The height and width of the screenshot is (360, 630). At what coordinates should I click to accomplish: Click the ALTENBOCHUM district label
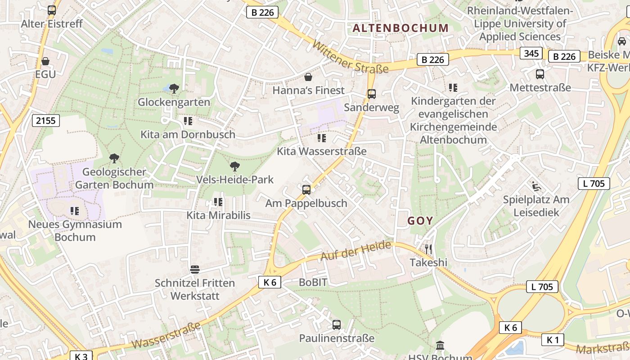pyautogui.click(x=400, y=28)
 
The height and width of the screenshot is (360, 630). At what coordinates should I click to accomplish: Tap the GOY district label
pyautogui.click(x=420, y=221)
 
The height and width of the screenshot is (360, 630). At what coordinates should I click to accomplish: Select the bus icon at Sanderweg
pyautogui.click(x=372, y=94)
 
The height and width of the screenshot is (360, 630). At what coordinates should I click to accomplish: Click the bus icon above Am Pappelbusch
pyautogui.click(x=306, y=189)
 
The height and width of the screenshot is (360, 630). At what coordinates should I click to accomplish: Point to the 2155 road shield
pyautogui.click(x=46, y=120)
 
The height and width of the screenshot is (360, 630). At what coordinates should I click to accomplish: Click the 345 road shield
pyautogui.click(x=531, y=53)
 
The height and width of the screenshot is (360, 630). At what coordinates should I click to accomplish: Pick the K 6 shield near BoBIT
pyautogui.click(x=270, y=282)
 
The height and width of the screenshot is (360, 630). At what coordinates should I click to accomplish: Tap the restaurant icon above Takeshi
pyautogui.click(x=428, y=249)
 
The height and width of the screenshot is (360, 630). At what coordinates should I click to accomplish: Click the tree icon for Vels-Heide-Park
pyautogui.click(x=234, y=166)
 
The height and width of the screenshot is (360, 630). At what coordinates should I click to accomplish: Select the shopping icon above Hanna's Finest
pyautogui.click(x=308, y=77)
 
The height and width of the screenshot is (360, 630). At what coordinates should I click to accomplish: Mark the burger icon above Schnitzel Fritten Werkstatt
pyautogui.click(x=195, y=270)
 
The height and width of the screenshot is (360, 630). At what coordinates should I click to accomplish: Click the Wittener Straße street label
pyautogui.click(x=350, y=58)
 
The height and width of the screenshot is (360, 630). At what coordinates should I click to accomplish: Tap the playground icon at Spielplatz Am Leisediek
pyautogui.click(x=536, y=186)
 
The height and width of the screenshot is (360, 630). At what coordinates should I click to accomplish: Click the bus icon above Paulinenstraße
pyautogui.click(x=337, y=324)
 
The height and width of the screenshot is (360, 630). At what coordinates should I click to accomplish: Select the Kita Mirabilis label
pyautogui.click(x=218, y=215)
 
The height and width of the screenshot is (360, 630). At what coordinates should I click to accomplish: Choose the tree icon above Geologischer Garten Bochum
pyautogui.click(x=114, y=158)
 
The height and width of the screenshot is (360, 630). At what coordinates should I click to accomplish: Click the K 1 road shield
pyautogui.click(x=553, y=340)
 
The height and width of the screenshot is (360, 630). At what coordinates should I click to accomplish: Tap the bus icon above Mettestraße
pyautogui.click(x=540, y=74)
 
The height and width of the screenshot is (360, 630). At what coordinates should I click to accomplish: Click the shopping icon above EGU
pyautogui.click(x=45, y=61)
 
